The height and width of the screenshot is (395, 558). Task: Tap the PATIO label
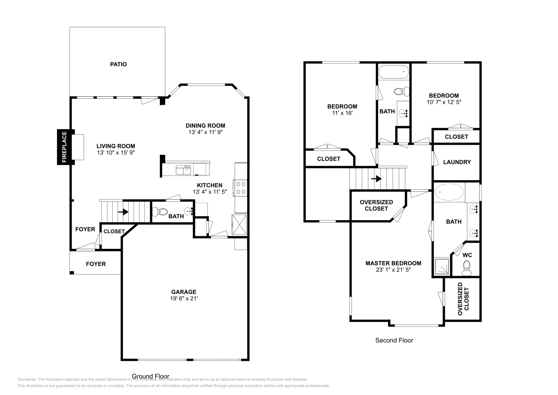click(x=118, y=64)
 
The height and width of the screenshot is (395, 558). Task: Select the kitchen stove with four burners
click(x=240, y=187)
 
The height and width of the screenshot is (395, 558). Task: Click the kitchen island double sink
click(x=183, y=170)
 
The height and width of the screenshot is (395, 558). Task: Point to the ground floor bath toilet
click(x=162, y=211)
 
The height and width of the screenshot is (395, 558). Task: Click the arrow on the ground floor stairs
click(x=123, y=212)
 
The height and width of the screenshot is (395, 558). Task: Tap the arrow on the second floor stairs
click(x=376, y=179)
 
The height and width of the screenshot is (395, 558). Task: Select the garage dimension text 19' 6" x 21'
click(x=183, y=298)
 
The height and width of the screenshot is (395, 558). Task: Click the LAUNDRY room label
click(x=457, y=162)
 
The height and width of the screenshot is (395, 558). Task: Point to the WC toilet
click(x=466, y=270)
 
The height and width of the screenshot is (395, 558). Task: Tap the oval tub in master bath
click(x=449, y=192)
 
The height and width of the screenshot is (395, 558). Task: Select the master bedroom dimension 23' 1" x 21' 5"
click(x=393, y=270)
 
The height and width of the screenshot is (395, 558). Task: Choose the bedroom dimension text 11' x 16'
click(x=342, y=113)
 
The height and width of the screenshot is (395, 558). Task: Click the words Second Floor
click(x=394, y=340)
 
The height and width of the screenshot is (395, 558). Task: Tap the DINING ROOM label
click(x=205, y=126)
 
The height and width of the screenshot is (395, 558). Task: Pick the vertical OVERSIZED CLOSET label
click(x=463, y=299)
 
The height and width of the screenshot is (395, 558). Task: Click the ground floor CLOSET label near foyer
click(x=114, y=231)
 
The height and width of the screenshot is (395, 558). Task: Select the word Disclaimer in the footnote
click(x=27, y=379)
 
